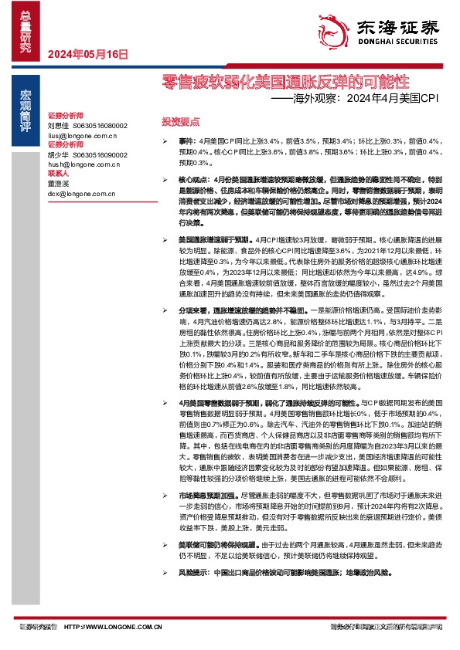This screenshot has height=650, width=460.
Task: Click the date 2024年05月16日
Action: [x=87, y=54]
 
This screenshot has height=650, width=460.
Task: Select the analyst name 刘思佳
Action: [x=58, y=125]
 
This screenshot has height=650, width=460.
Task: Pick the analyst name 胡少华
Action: [x=58, y=154]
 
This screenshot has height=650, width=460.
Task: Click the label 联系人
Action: [x=59, y=174]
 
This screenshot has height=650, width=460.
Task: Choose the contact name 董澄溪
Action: [x=58, y=184]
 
